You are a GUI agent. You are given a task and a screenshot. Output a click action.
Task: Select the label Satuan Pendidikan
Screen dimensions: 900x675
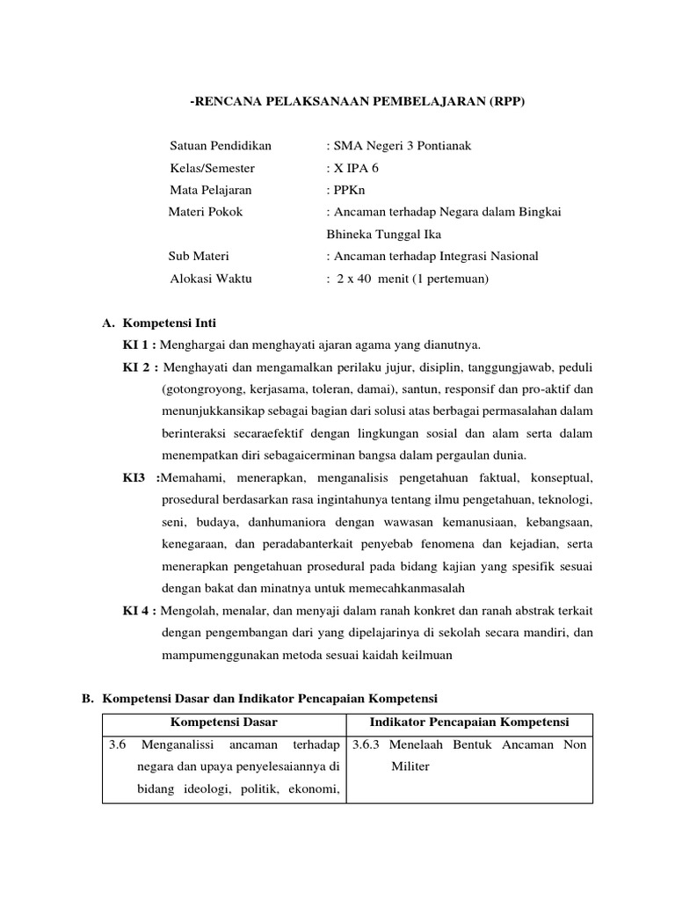[221, 146]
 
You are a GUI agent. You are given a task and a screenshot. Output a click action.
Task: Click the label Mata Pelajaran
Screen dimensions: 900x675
[210, 190]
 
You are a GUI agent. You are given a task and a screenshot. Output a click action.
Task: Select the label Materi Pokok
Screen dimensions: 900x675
[206, 212]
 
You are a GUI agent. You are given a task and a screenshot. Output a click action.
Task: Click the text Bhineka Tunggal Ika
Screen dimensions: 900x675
[384, 235]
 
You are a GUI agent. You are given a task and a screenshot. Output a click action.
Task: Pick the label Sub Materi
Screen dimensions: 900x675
[199, 257]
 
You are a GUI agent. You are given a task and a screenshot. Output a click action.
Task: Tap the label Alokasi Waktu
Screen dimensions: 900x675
[210, 279]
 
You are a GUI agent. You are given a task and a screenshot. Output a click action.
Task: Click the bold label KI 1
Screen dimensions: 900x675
[139, 345]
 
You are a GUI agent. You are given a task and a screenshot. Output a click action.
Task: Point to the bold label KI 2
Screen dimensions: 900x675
[139, 367]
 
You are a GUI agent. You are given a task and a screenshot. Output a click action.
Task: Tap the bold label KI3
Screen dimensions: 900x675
[137, 478]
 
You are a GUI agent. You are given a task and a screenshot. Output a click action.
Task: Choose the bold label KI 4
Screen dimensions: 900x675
[139, 612]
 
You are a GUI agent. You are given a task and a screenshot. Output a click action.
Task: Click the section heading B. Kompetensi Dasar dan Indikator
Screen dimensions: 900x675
[259, 699]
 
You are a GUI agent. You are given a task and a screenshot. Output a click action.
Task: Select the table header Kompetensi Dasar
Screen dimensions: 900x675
[223, 722]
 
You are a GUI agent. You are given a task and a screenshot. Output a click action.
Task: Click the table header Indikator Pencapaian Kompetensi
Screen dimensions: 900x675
[469, 722]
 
